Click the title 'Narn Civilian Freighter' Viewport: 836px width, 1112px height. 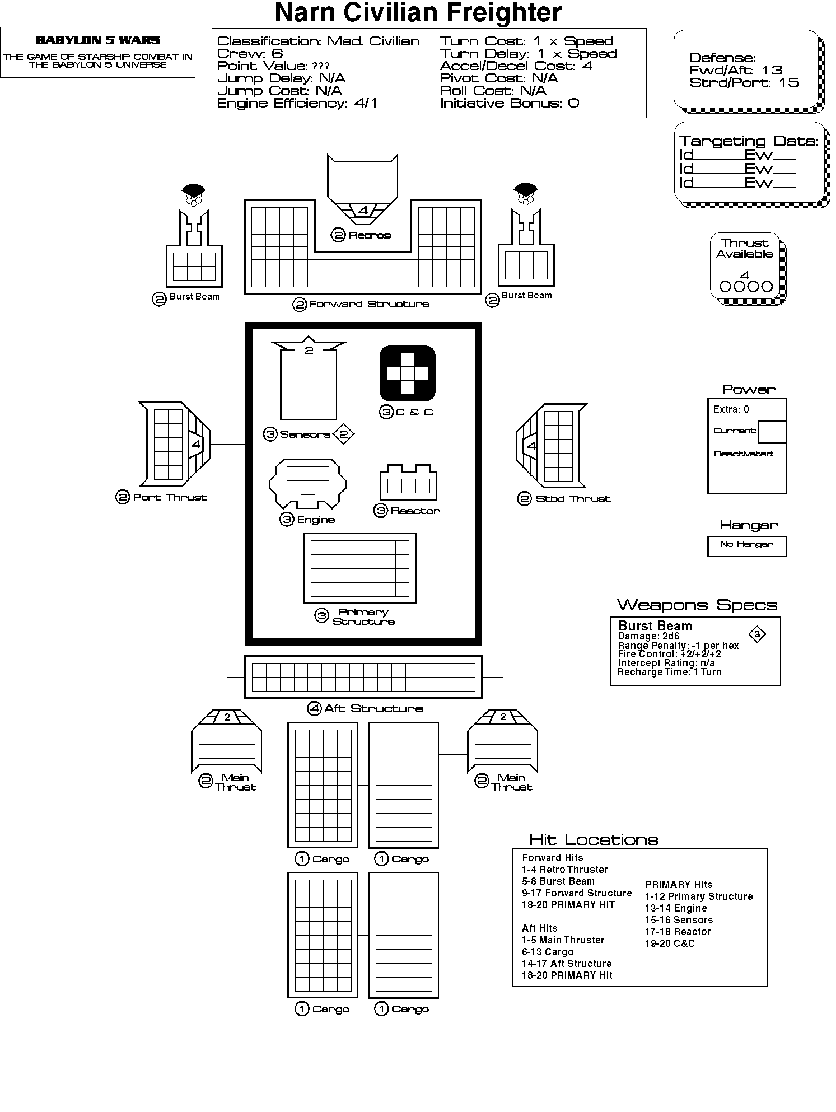418,13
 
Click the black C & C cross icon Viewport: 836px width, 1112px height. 407,373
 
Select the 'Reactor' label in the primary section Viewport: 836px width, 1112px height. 415,511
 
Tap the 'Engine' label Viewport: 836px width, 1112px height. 316,520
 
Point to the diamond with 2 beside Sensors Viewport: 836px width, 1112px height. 344,434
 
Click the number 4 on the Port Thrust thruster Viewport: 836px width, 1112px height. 195,445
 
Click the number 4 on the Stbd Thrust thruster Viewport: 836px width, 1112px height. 531,446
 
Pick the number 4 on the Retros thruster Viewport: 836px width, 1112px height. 363,211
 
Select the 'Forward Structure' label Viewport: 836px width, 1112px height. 369,304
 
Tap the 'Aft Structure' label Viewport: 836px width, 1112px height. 373,708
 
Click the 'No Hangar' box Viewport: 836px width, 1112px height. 746,546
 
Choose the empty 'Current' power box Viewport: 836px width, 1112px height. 772,432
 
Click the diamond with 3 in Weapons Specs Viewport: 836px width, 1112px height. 757,634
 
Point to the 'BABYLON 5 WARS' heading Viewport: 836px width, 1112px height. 97,40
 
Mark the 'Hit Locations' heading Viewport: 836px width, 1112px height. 594,840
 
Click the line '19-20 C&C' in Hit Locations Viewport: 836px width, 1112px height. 670,943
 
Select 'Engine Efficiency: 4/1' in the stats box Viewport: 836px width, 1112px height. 297,103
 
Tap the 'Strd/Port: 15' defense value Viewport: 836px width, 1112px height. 744,82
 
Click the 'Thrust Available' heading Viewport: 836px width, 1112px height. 745,248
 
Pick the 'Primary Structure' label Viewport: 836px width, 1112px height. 363,617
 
